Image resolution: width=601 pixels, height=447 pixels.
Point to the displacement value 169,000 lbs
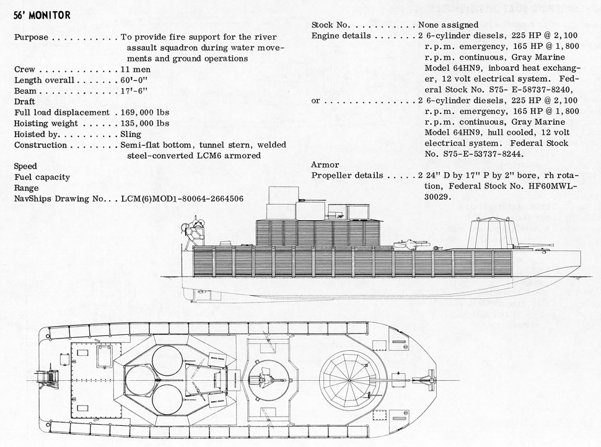pos(145,112)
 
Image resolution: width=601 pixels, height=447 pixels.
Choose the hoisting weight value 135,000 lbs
pos(145,123)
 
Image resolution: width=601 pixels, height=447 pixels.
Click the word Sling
pos(131,134)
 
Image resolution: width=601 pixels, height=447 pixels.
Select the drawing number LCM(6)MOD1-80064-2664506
pos(182,198)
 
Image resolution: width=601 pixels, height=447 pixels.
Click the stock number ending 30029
pos(437,197)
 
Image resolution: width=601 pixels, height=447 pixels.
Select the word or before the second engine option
pos(315,100)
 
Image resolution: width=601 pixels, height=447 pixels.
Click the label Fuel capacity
pos(42,177)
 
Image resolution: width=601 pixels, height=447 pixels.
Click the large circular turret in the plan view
pos(351,378)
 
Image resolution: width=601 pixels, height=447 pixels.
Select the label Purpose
pos(32,37)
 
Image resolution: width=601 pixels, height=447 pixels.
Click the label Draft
pos(24,102)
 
